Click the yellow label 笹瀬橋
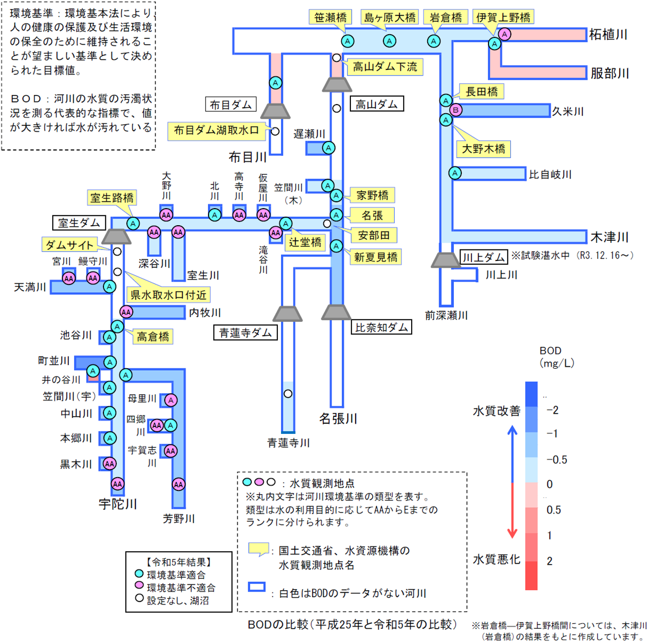(x=330, y=18)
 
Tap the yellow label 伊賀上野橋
(x=503, y=18)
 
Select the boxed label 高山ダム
(x=376, y=104)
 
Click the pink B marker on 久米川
(x=456, y=110)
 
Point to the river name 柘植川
(x=608, y=35)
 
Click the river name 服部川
(x=610, y=73)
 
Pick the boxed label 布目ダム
(x=231, y=105)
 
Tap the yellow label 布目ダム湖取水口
(x=216, y=130)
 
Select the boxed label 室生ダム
(x=79, y=223)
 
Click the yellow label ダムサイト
(x=69, y=245)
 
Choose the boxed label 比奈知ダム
(x=381, y=327)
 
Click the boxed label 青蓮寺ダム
(x=245, y=333)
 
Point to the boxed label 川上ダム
(x=483, y=258)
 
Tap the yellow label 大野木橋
(x=483, y=149)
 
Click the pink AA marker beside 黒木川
(x=110, y=463)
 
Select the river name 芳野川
(x=179, y=518)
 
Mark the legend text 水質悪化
(x=497, y=559)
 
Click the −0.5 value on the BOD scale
(x=556, y=460)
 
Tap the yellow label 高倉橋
(x=153, y=337)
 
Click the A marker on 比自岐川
(x=455, y=173)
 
